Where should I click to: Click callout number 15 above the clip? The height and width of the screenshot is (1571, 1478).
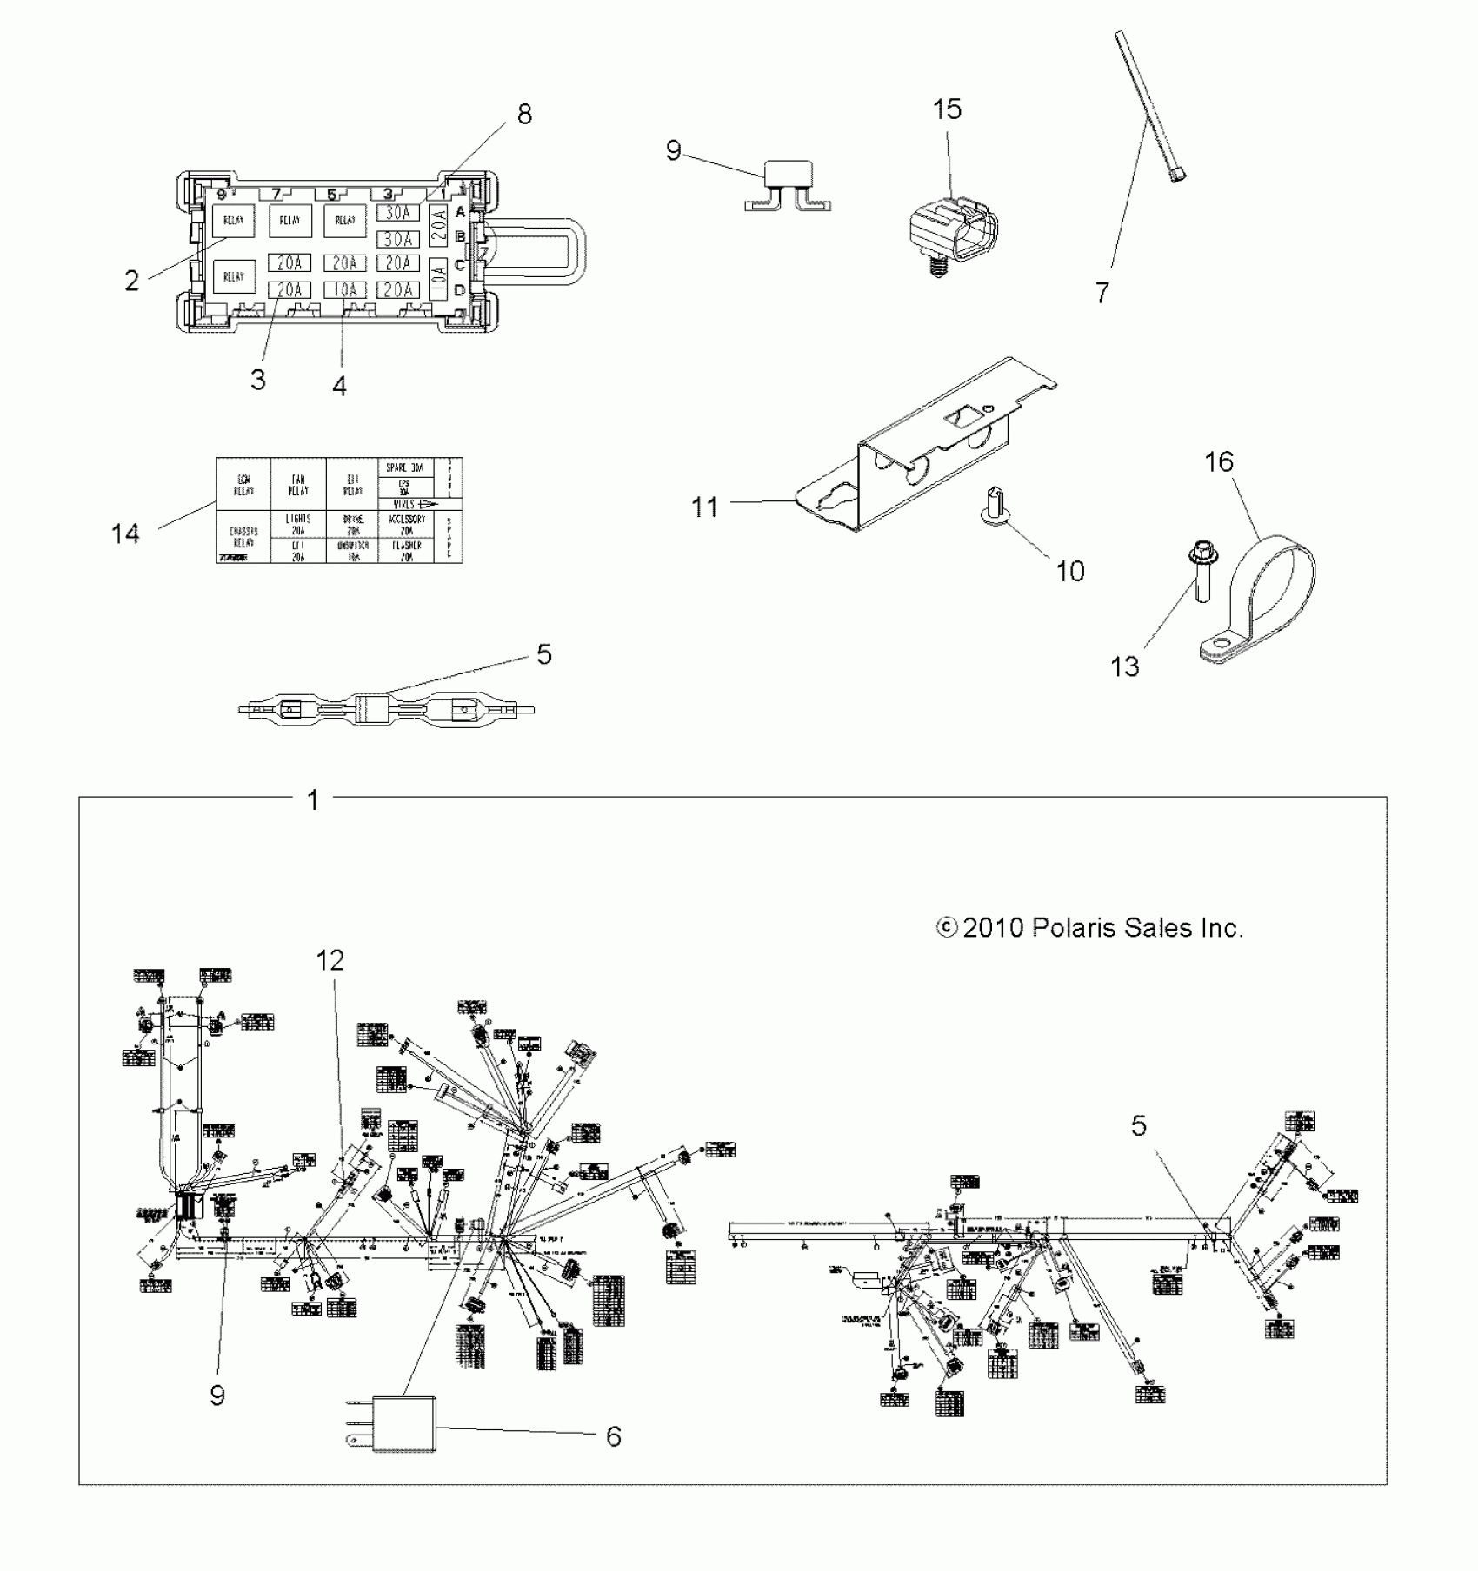click(x=948, y=109)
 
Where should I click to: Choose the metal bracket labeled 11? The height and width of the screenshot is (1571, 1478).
click(x=922, y=452)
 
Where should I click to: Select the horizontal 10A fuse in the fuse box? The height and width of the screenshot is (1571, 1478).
click(x=346, y=290)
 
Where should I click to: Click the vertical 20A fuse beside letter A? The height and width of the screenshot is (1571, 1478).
click(x=440, y=225)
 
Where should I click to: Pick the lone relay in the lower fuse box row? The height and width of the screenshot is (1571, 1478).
click(x=234, y=277)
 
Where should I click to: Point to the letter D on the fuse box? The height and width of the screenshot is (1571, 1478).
click(x=460, y=289)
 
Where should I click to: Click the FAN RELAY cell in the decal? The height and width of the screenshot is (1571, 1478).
click(x=297, y=485)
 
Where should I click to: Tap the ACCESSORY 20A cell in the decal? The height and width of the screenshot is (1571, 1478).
click(x=406, y=525)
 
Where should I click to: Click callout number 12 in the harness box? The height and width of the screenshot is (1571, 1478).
click(x=330, y=961)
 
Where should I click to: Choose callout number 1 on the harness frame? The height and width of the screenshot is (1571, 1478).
click(x=314, y=799)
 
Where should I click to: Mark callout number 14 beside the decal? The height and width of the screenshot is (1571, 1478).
click(x=125, y=534)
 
